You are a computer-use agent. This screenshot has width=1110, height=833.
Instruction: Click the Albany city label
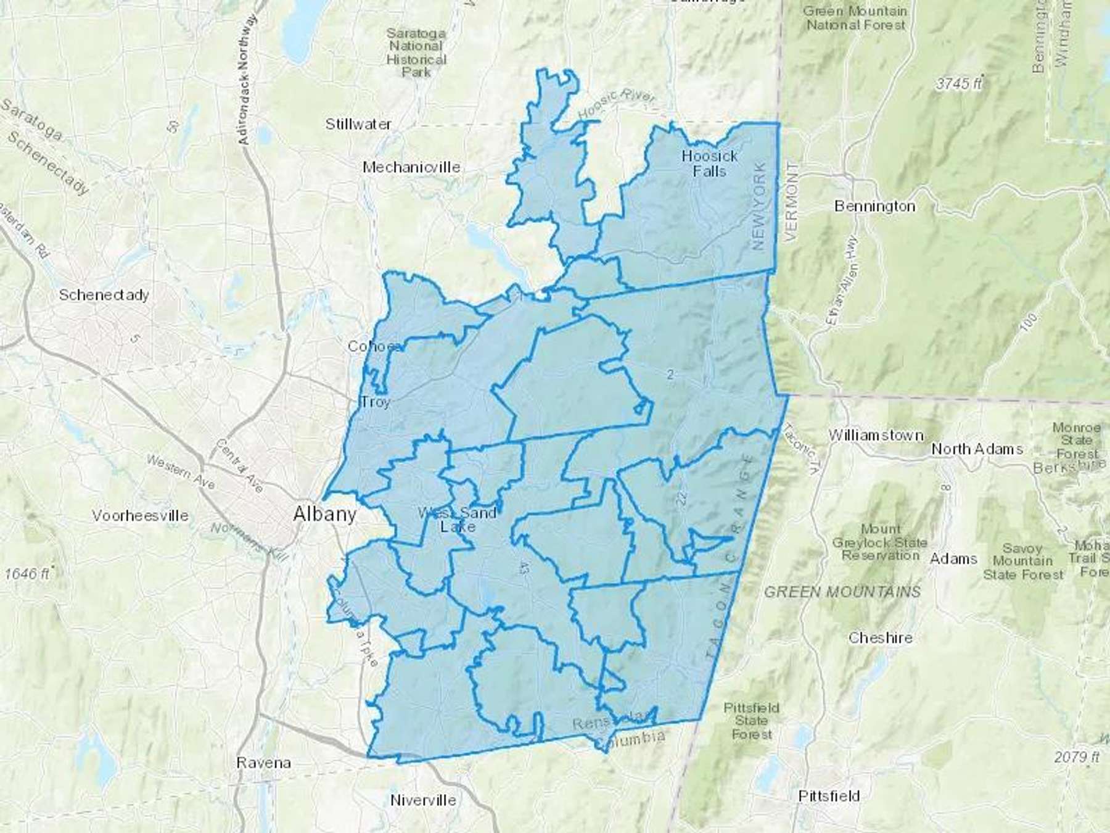coord(325,513)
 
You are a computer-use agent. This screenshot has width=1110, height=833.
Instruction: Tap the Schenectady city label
coord(104,295)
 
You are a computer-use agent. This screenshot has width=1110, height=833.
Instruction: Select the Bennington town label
coord(874,206)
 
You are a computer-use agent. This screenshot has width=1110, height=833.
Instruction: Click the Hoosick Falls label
coord(709,164)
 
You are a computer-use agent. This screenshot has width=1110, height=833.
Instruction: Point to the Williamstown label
coord(876,435)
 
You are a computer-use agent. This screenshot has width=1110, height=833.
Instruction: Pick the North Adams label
coord(977,449)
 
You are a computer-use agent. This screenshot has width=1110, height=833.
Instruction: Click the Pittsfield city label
coord(828,796)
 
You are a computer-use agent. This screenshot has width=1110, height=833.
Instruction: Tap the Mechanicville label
coord(411,167)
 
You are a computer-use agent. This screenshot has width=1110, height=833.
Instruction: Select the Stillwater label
coord(358,124)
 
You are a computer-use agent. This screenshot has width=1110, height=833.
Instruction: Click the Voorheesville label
coord(140,515)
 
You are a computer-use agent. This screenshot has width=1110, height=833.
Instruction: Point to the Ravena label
coord(263,763)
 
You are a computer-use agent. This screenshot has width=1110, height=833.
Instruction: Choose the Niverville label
coord(423,800)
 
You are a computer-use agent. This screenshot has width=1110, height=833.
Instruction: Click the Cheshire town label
coord(880,637)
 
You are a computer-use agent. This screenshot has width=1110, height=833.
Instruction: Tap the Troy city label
coord(376,402)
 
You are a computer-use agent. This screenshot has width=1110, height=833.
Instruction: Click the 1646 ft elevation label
coord(27,573)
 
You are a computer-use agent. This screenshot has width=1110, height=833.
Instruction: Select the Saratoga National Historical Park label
coord(416,52)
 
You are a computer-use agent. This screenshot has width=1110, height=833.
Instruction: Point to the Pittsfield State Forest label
coord(751,721)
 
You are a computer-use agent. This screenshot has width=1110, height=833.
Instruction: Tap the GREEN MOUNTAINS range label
coord(842,592)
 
